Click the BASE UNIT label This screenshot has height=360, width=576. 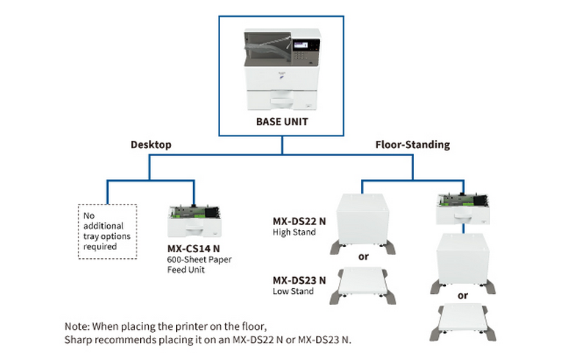282,122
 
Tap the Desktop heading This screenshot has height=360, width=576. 150,145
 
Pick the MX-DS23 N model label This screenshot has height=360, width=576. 299,281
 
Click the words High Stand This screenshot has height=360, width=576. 294,231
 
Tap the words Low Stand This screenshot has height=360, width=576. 294,292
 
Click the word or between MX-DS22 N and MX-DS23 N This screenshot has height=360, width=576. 362,258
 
